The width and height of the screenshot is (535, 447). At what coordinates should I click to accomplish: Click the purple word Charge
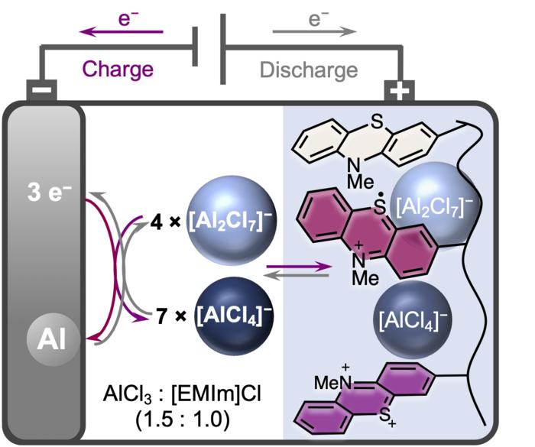118,69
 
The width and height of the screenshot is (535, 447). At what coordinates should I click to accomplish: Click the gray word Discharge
309,70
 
